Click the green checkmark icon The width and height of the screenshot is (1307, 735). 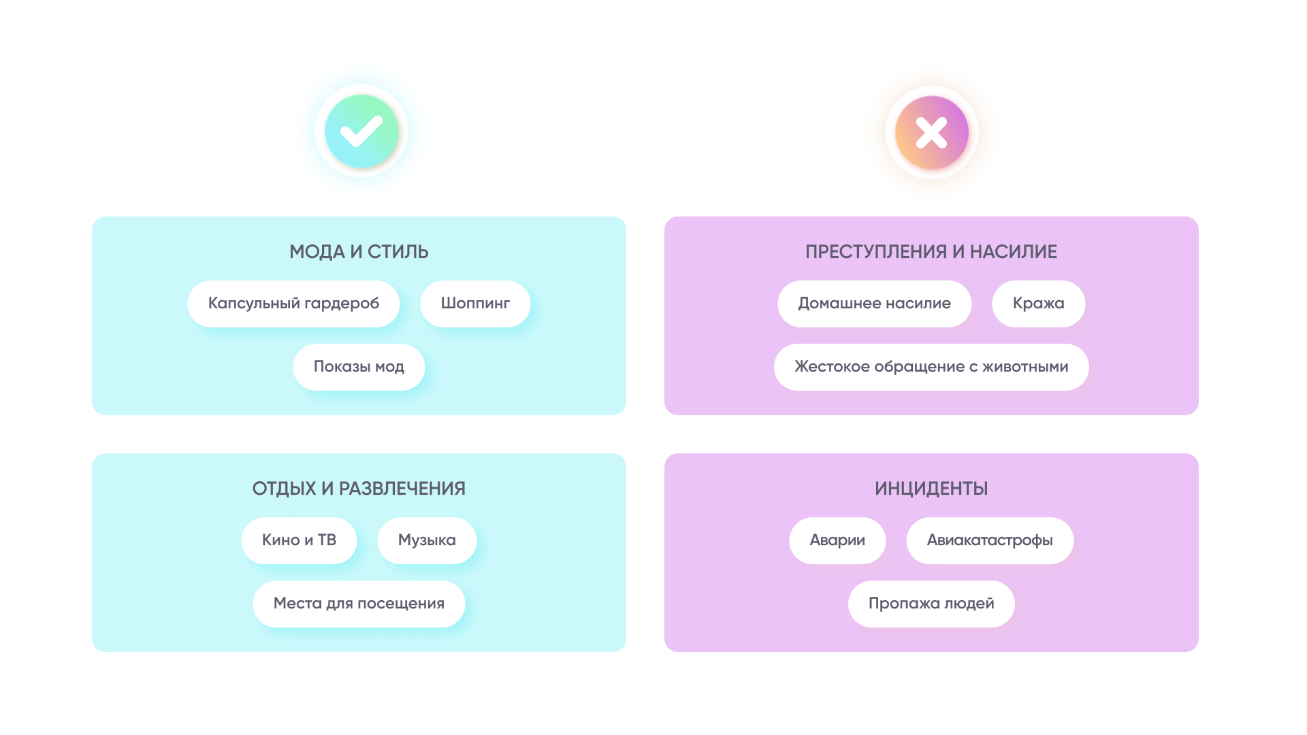[361, 131]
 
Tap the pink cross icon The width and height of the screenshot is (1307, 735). [931, 132]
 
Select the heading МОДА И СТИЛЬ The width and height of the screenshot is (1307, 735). [359, 252]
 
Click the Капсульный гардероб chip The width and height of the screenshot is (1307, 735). [293, 304]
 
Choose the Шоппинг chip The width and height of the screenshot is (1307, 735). [475, 304]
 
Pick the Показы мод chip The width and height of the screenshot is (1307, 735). [359, 367]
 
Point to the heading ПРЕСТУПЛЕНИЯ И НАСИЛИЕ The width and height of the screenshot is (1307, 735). [931, 252]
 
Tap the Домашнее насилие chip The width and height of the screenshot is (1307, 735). [874, 304]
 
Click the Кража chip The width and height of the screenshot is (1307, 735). [1038, 304]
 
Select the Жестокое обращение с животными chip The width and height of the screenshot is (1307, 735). [931, 367]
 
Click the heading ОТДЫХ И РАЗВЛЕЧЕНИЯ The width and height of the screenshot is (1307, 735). [359, 489]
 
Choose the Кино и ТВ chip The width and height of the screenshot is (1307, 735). [299, 540]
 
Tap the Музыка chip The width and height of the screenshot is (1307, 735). [427, 540]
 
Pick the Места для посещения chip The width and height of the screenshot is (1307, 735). [359, 604]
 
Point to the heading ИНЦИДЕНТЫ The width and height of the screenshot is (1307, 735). [931, 489]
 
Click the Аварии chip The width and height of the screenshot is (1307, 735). [837, 540]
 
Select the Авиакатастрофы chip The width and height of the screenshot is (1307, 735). [990, 540]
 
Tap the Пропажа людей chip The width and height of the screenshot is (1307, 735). [931, 604]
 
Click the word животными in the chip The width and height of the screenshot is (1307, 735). [1025, 367]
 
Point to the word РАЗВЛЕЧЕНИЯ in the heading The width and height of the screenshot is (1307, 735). [402, 489]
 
